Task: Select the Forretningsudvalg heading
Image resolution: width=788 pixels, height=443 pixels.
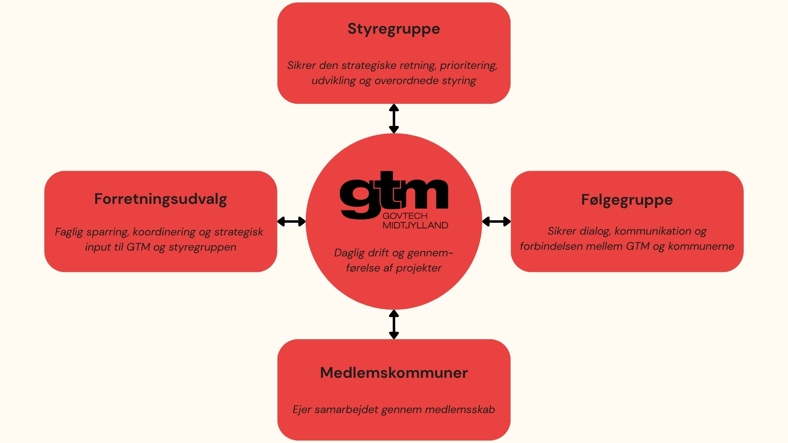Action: point(160,199)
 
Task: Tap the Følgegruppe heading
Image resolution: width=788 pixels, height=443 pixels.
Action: point(627,200)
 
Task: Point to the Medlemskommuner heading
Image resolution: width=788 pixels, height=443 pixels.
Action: point(394,373)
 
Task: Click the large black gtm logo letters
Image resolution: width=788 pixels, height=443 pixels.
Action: point(394,195)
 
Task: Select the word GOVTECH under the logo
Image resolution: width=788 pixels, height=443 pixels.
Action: point(405,216)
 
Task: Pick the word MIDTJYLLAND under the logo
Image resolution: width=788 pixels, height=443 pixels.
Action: point(415,225)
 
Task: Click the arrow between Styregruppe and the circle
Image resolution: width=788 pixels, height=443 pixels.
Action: point(394,119)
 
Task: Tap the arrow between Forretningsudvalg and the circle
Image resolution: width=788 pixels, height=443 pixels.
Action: point(291,221)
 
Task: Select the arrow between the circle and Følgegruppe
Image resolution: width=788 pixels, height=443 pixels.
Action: point(496,221)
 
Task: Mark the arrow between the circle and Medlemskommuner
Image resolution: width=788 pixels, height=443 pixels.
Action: point(394,324)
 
